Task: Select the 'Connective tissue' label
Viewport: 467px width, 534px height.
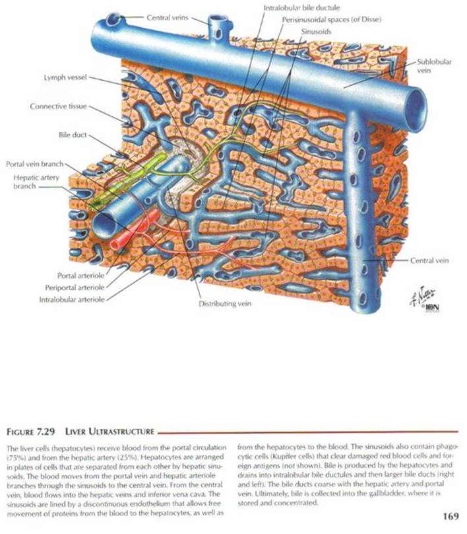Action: point(58,106)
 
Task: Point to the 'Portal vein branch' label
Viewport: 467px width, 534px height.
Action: point(34,163)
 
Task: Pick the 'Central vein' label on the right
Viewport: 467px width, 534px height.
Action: point(430,261)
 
